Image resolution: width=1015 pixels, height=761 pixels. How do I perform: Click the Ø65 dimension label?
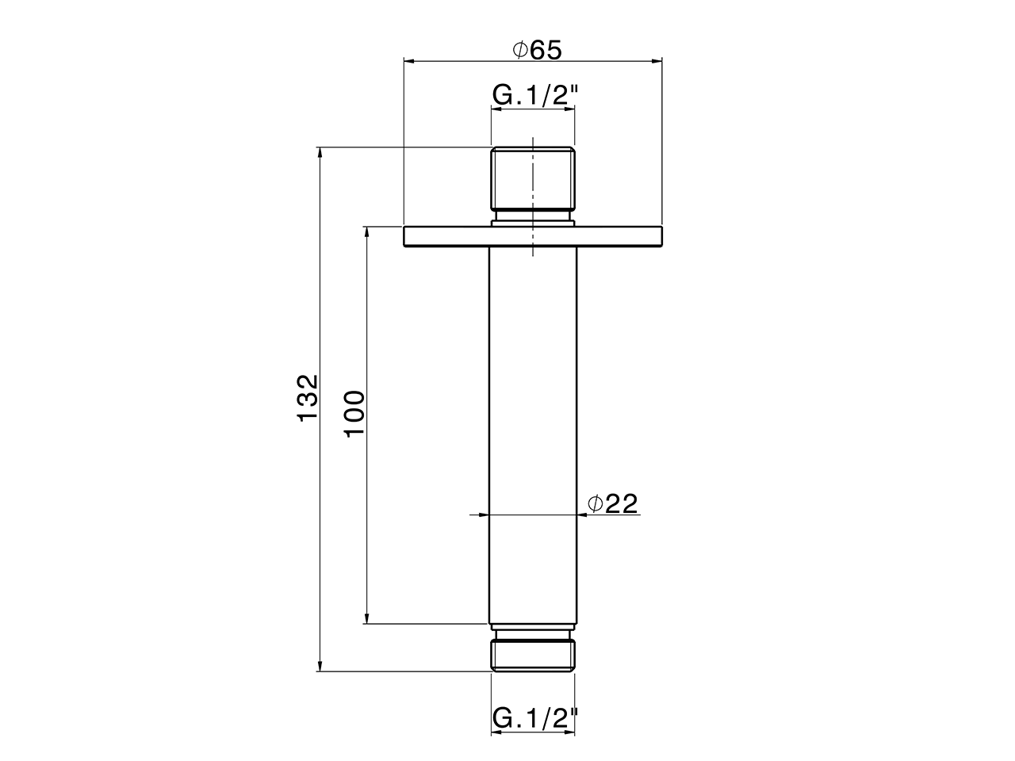click(537, 50)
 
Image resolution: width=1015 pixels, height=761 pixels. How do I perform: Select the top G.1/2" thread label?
click(534, 95)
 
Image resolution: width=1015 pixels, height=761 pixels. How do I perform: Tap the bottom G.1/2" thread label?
click(534, 719)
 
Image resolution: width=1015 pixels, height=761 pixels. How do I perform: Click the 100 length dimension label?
click(354, 412)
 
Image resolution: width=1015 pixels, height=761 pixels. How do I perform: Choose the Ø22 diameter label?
click(613, 503)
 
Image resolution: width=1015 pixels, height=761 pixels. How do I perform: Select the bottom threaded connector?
click(533, 655)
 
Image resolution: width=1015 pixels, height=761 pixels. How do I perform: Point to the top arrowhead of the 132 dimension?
click(320, 153)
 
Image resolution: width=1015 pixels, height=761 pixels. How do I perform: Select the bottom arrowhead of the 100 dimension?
click(366, 618)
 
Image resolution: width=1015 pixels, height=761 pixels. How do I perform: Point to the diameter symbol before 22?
click(596, 503)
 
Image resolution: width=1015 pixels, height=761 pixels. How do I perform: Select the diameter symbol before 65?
click(519, 50)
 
